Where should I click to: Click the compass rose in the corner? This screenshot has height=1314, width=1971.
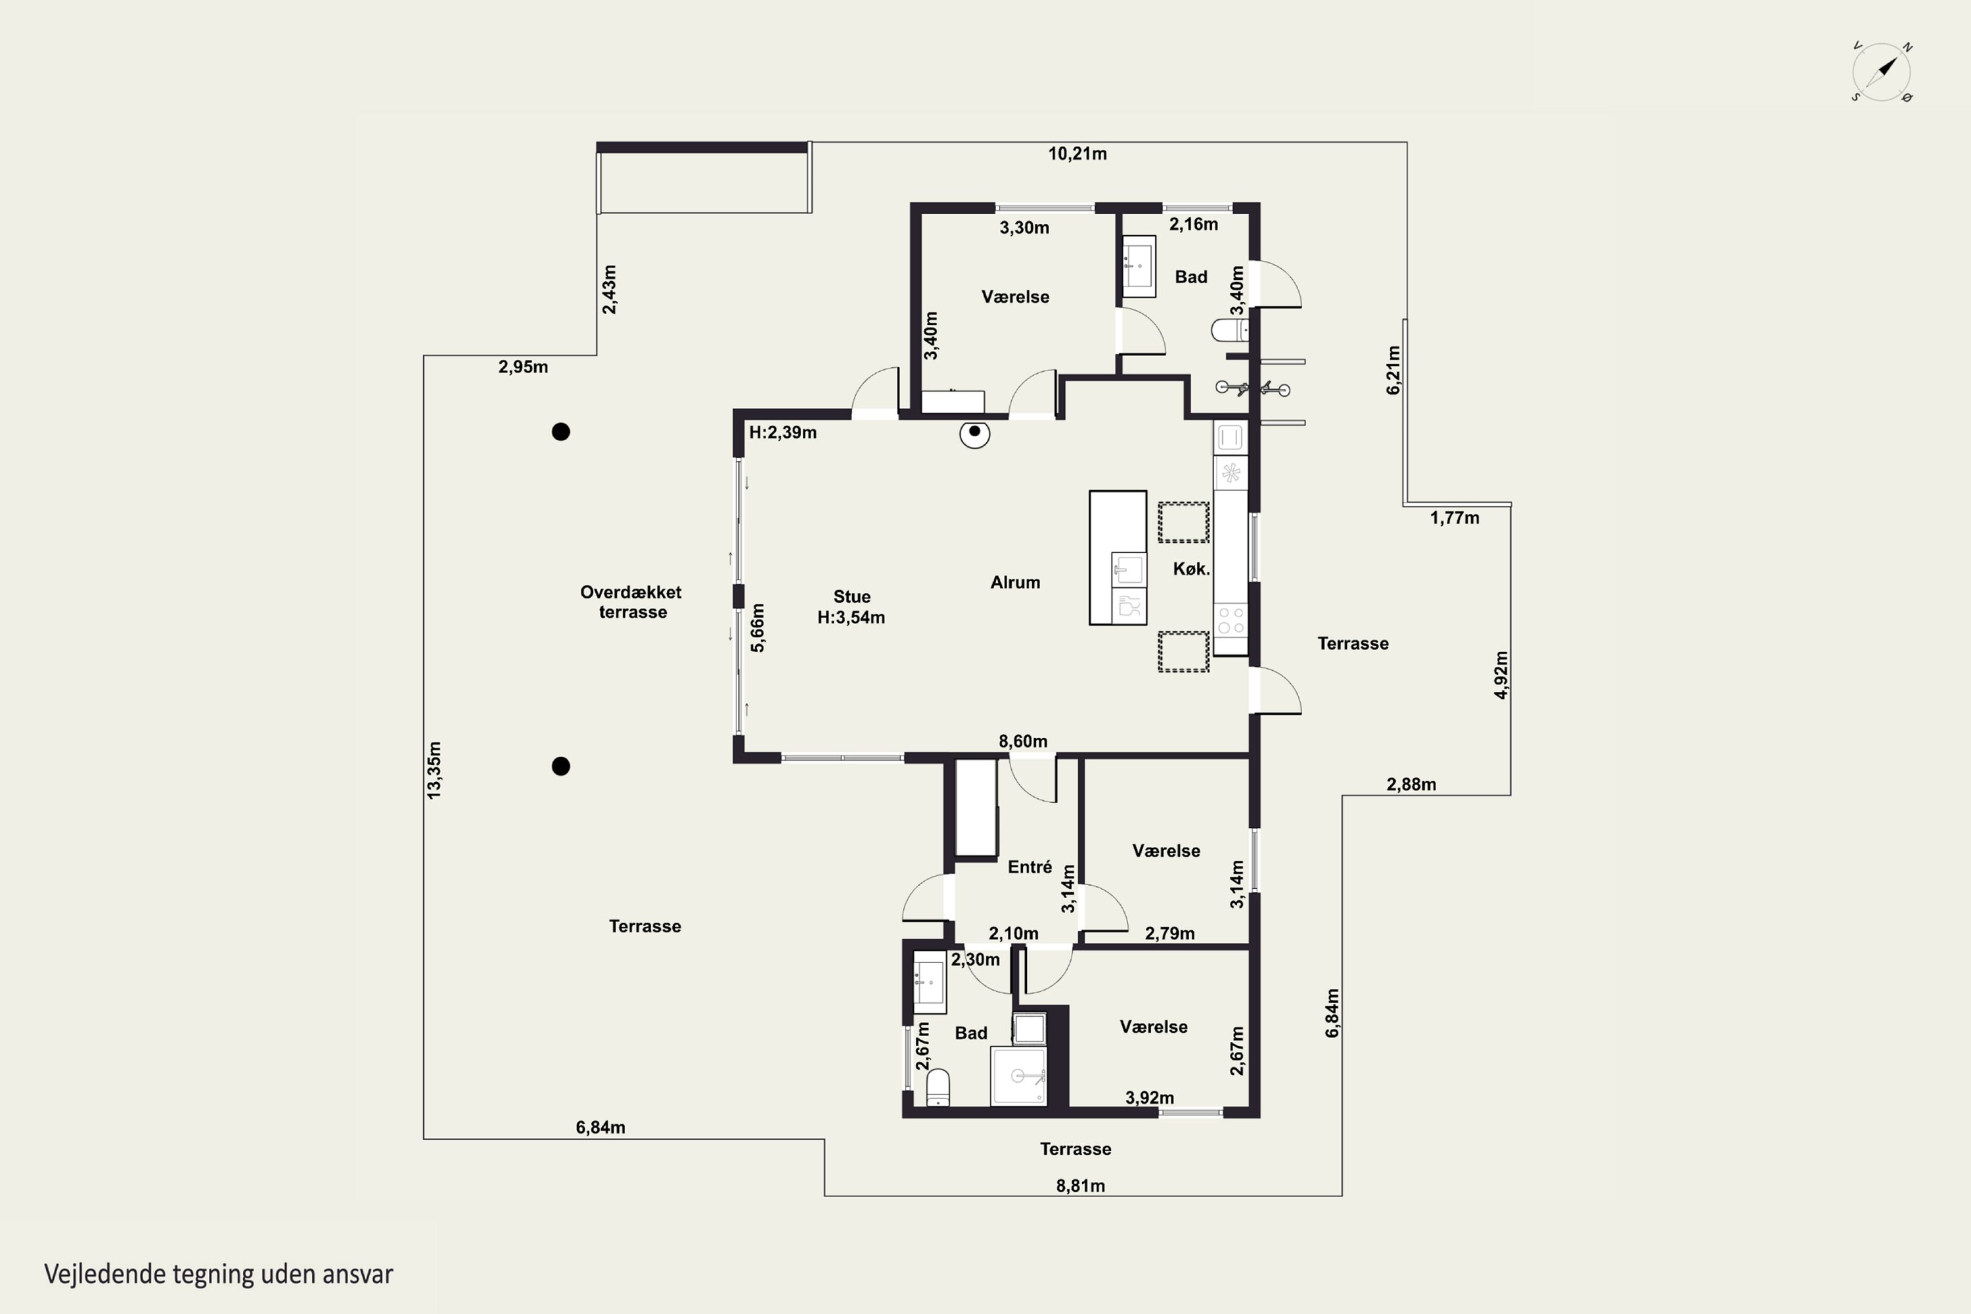coord(1882,72)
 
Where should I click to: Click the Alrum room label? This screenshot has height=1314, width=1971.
coord(1015,582)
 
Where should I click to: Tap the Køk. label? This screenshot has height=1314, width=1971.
coord(1190,569)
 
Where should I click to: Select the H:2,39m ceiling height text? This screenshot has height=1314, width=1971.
coord(782,432)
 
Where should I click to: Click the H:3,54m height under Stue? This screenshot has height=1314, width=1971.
coord(851,618)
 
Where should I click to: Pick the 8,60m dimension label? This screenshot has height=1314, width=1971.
coord(1022,742)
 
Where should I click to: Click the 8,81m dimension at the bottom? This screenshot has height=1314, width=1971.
coord(1080,1186)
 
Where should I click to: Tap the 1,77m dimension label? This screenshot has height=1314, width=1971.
coord(1454,518)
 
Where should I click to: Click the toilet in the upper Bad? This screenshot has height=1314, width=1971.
coord(1229,330)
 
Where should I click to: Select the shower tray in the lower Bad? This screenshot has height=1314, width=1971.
coord(1018,1076)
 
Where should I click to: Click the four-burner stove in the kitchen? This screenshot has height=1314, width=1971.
coord(1230,620)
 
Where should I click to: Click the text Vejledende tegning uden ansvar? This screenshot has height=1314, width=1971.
coord(219,1275)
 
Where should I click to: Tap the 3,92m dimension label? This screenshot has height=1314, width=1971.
coord(1149,1098)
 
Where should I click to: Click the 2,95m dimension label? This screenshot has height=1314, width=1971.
coord(523,367)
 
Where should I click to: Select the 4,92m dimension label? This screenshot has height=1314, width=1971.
coord(1501,675)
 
